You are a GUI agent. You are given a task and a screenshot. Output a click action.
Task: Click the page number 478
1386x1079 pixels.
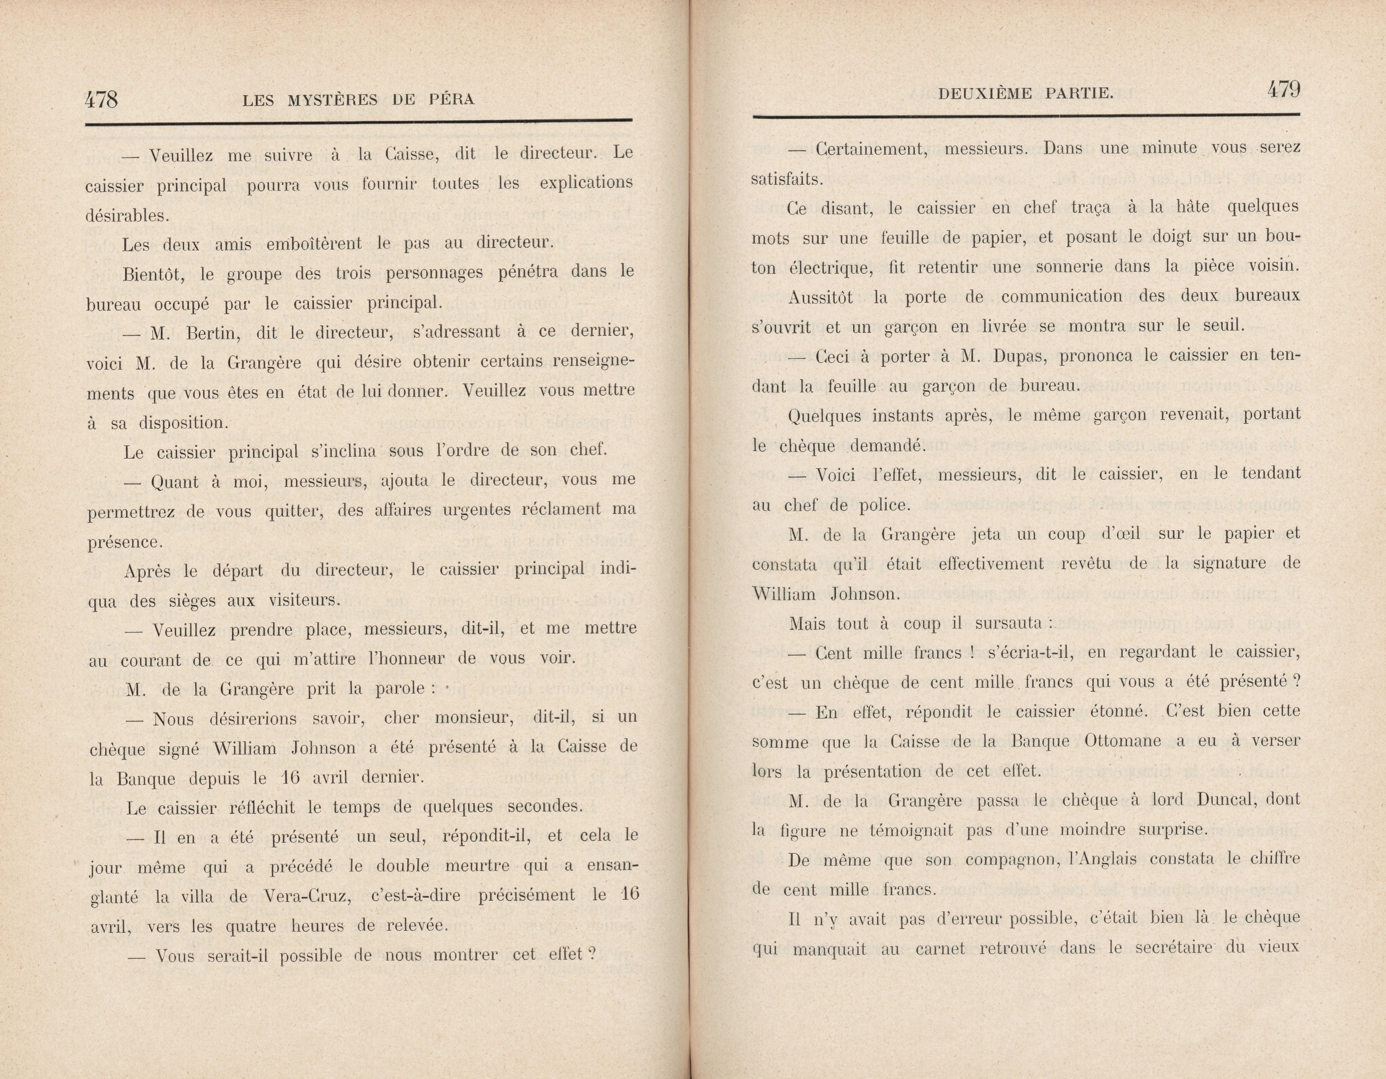click(x=101, y=99)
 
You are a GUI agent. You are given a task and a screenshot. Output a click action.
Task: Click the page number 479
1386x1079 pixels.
click(x=1283, y=90)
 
